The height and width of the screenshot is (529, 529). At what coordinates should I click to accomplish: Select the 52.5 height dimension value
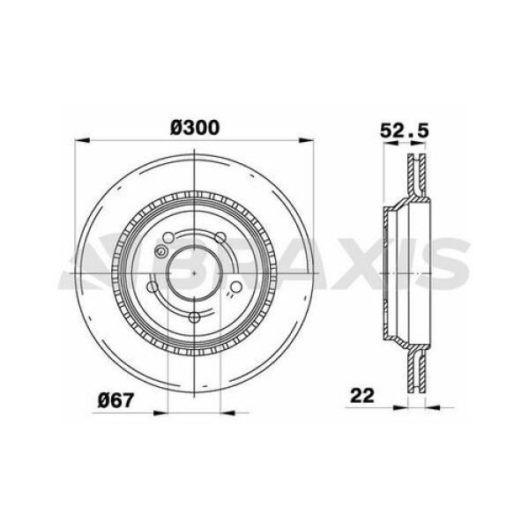pos(403,129)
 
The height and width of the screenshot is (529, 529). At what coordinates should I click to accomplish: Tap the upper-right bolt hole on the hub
pos(220,239)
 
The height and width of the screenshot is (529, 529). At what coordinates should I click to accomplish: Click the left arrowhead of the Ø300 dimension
pos(82,139)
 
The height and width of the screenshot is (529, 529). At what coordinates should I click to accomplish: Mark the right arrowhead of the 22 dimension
pos(431,408)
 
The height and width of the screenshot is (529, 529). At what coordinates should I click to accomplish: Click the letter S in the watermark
pos(451,262)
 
